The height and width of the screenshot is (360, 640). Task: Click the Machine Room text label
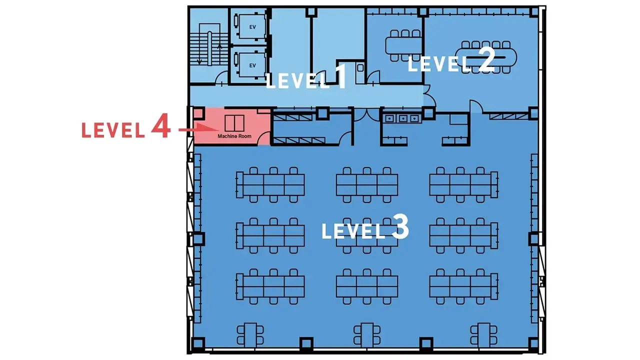pyautogui.click(x=234, y=136)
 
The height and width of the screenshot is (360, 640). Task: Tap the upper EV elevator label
pyautogui.click(x=252, y=27)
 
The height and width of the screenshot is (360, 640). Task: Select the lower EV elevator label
pyautogui.click(x=252, y=65)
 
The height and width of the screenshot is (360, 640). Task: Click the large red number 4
pyautogui.click(x=161, y=125)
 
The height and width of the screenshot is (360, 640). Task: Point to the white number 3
pyautogui.click(x=400, y=227)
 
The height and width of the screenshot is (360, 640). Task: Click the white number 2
pyautogui.click(x=486, y=59)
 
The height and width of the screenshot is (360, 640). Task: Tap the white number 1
pyautogui.click(x=341, y=76)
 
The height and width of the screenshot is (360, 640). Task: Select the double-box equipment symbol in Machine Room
pyautogui.click(x=234, y=123)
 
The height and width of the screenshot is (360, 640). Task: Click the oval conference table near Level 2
pyautogui.click(x=485, y=57)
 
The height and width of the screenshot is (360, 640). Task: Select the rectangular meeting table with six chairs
pyautogui.click(x=403, y=45)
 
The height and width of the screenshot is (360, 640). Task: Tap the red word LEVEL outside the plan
pyautogui.click(x=113, y=130)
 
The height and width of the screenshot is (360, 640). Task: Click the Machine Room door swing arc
pyautogui.click(x=263, y=137)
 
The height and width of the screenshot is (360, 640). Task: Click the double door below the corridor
pyautogui.click(x=366, y=114)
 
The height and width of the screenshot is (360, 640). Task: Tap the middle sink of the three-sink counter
pyautogui.click(x=403, y=118)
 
